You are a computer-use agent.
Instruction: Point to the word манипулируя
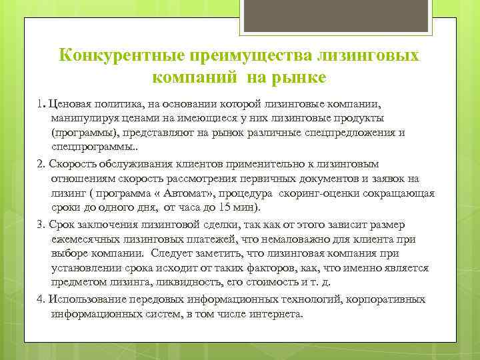[82, 118]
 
